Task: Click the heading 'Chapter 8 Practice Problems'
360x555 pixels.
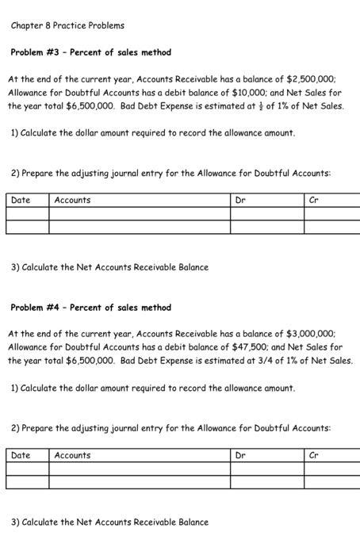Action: point(67,25)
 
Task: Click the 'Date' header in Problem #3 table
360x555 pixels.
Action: point(21,201)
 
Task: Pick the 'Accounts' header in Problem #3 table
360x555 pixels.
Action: point(72,201)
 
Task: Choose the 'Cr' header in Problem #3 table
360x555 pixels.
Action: point(314,201)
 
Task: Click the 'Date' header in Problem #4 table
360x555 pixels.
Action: point(21,456)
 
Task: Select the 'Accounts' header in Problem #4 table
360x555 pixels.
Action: point(72,456)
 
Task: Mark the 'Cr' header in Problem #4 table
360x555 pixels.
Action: point(314,456)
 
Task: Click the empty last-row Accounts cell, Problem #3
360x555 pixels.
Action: point(140,228)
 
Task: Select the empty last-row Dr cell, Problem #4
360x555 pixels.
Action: point(267,483)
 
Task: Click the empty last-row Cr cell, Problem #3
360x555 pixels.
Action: point(331,228)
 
